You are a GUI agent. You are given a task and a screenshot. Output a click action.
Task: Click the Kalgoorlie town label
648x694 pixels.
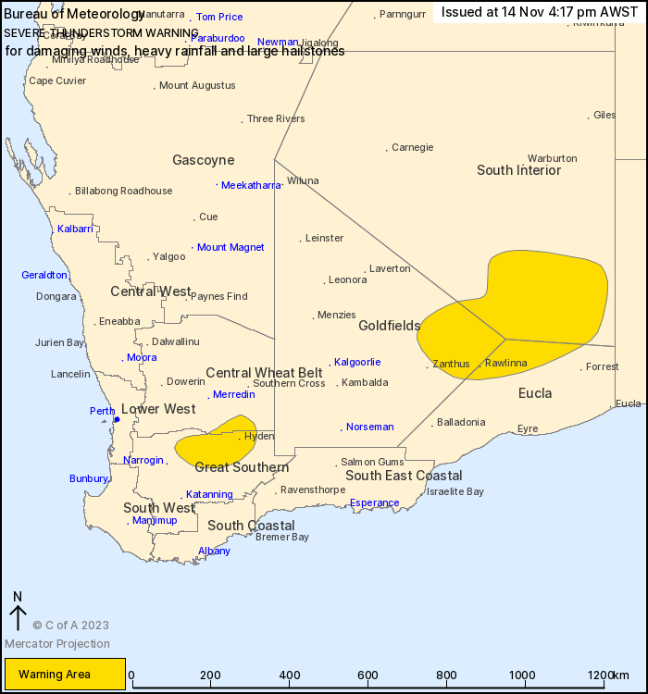pyautogui.click(x=357, y=362)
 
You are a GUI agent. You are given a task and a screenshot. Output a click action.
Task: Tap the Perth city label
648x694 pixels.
pyautogui.click(x=102, y=411)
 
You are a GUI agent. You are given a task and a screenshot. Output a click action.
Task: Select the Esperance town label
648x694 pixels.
pyautogui.click(x=375, y=503)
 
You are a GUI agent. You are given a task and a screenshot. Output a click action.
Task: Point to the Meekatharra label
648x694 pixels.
pyautogui.click(x=251, y=185)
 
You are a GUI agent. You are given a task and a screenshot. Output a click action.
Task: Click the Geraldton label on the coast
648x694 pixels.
pyautogui.click(x=44, y=275)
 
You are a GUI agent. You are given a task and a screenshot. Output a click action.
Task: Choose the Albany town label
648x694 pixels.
pyautogui.click(x=214, y=551)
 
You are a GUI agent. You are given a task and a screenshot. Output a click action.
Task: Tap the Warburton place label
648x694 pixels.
pyautogui.click(x=552, y=158)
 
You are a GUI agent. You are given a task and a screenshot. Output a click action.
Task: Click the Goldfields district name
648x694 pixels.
pyautogui.click(x=390, y=326)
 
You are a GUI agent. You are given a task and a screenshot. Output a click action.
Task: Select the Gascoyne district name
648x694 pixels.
pyautogui.click(x=203, y=160)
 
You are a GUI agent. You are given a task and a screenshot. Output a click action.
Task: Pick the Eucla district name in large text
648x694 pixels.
pyautogui.click(x=535, y=393)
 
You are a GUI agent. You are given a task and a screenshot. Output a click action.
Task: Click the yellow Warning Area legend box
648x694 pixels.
pyautogui.click(x=65, y=674)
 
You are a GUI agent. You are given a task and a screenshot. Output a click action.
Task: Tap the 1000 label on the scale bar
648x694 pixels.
pyautogui.click(x=525, y=675)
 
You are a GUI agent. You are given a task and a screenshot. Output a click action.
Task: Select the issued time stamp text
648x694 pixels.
pyautogui.click(x=540, y=12)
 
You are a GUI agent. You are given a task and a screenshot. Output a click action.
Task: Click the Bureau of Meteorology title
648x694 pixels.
pyautogui.click(x=74, y=15)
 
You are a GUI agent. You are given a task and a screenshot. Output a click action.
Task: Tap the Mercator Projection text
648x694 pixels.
pyautogui.click(x=57, y=644)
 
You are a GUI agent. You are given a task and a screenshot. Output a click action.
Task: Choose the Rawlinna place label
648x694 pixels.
pyautogui.click(x=505, y=364)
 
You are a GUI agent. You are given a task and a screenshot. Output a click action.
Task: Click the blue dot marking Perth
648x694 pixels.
pyautogui.click(x=117, y=419)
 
